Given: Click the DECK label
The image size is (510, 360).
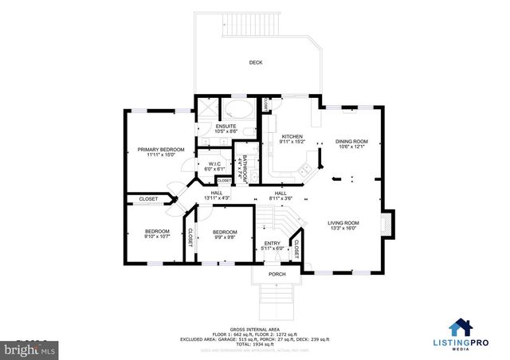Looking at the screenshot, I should [x=255, y=62].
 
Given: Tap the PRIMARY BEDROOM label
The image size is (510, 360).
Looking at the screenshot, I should [x=160, y=149].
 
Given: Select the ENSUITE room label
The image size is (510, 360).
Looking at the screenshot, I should [x=226, y=126].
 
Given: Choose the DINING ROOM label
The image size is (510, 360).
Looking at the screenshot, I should [x=351, y=141].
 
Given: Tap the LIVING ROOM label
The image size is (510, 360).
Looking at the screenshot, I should [x=343, y=223].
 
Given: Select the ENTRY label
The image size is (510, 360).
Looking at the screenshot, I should [x=273, y=244].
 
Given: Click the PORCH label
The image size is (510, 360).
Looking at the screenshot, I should [x=277, y=274].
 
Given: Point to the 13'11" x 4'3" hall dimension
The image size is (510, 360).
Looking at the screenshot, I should [x=216, y=198].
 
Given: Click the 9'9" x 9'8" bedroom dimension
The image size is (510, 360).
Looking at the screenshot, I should [x=226, y=237].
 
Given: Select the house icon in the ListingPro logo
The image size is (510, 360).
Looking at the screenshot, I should [x=461, y=327].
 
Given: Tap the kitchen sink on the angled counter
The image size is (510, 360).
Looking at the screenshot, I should [x=304, y=168].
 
